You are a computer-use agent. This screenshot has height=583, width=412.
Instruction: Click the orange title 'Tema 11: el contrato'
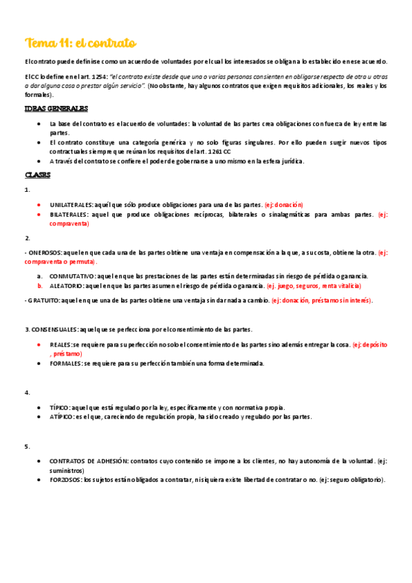click(80, 43)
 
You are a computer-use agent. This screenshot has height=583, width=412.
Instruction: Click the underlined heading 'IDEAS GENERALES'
click(56, 109)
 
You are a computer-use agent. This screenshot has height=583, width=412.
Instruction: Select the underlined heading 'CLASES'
click(37, 175)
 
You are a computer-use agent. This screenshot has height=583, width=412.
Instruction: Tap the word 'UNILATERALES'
click(72, 205)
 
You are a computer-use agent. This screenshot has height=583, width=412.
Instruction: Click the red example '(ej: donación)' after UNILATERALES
click(283, 205)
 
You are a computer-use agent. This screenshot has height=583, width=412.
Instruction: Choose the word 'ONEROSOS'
click(44, 253)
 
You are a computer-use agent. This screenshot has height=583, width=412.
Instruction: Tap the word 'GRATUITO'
click(43, 300)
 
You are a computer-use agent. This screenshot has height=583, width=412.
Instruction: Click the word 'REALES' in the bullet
click(61, 344)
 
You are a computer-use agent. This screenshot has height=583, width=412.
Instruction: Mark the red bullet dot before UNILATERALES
click(40, 205)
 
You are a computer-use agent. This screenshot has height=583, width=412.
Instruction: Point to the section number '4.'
click(27, 392)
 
